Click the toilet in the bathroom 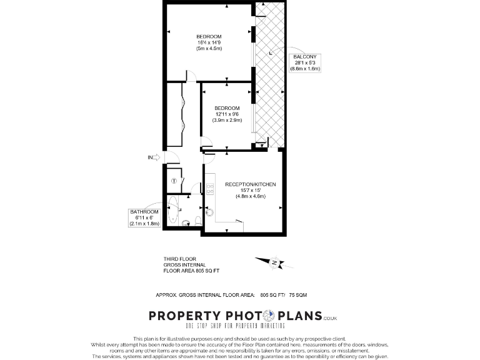click(x=197, y=219)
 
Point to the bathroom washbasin click(x=185, y=222)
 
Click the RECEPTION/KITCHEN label click(x=250, y=185)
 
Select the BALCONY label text click(x=305, y=57)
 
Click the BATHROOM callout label click(x=144, y=212)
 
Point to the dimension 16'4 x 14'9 click(x=209, y=42)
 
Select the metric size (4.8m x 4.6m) click(x=250, y=197)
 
